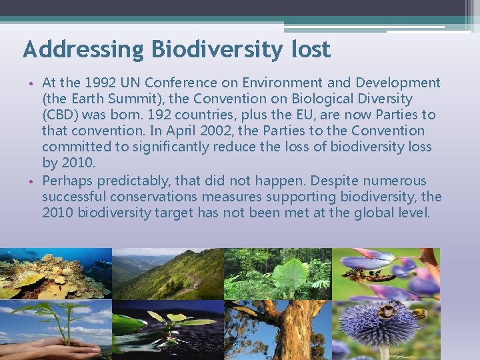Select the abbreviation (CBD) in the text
pos(60,115)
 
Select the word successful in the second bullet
pos(74,197)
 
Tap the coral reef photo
pos(55,273)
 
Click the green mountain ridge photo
pos(167,273)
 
